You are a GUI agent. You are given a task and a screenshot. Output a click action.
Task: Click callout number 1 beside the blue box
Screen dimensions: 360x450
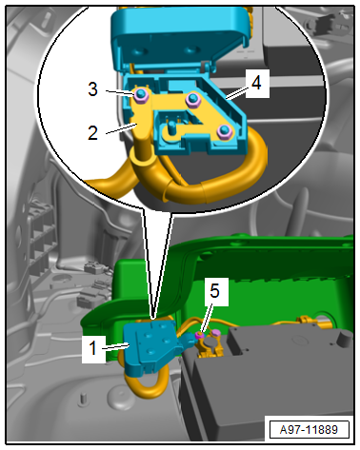tap(92, 348)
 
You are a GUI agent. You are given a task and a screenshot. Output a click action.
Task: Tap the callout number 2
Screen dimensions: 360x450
tap(92, 133)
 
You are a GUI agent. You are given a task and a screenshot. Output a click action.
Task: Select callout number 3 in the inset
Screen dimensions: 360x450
tap(92, 89)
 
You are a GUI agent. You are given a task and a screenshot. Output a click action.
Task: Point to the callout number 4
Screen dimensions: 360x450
tap(256, 83)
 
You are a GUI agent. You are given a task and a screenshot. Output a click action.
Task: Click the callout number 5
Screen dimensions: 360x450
tap(214, 291)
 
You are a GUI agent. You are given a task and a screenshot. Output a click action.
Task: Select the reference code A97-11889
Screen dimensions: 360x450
tap(309, 430)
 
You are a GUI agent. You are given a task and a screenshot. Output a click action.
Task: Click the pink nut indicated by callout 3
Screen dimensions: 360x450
tap(140, 94)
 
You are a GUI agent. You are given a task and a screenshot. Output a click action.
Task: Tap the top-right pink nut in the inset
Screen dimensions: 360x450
tap(192, 98)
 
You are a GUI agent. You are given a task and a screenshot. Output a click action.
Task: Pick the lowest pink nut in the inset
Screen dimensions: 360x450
tap(224, 131)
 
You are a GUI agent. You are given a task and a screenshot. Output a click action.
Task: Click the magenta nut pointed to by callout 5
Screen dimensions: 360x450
tap(200, 335)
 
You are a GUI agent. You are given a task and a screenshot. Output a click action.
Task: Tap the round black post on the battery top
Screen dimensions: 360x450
tap(344, 340)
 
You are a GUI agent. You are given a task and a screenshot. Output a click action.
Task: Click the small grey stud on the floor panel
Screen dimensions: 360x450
tap(83, 399)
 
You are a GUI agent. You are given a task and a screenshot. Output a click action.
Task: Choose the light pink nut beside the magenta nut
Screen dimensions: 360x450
tap(215, 333)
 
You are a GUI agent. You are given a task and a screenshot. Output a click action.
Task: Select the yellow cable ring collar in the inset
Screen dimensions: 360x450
tap(142, 156)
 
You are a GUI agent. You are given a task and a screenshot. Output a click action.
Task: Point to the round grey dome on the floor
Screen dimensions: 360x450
tap(122, 398)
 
